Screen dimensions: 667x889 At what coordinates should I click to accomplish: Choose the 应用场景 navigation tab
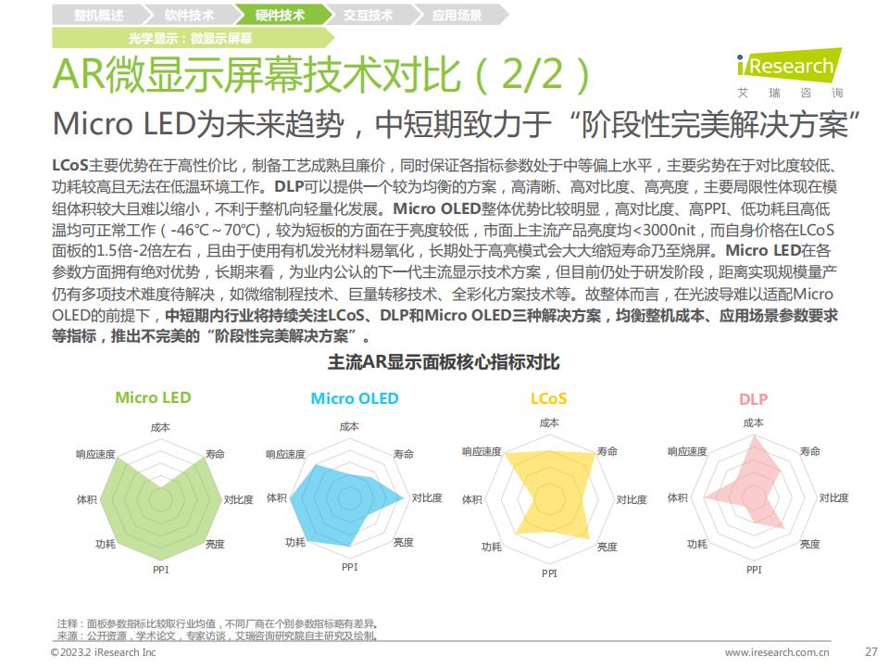tap(457, 16)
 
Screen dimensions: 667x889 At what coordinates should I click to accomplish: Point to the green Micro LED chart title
tap(153, 397)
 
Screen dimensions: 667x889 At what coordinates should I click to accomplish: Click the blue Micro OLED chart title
tap(355, 398)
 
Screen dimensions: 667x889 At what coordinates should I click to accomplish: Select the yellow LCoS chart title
tap(548, 399)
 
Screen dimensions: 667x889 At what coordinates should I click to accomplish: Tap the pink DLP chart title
tap(753, 399)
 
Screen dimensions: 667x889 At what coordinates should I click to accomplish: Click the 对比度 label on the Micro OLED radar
tap(427, 497)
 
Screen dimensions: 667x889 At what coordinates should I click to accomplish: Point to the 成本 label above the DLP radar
tap(753, 422)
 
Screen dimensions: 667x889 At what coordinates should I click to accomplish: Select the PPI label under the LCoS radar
tap(549, 573)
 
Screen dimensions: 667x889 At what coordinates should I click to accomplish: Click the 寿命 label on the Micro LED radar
tap(215, 453)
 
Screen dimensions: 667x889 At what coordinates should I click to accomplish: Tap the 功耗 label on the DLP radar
tap(697, 545)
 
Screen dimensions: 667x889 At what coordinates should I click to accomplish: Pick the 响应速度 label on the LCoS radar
tap(482, 451)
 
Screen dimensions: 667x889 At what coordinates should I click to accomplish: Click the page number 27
tap(870, 651)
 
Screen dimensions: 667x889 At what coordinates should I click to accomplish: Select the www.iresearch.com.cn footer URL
tap(777, 652)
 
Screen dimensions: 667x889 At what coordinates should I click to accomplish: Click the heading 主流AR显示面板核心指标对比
tap(444, 360)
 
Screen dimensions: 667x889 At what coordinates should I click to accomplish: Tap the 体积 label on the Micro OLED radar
tap(276, 497)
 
